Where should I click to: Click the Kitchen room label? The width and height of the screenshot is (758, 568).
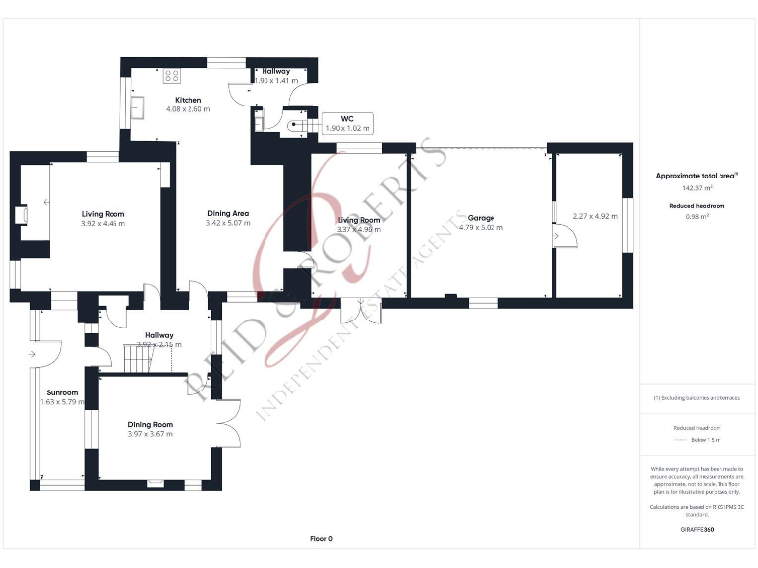click(x=188, y=100)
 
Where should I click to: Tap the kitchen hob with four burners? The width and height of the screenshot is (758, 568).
click(x=172, y=73)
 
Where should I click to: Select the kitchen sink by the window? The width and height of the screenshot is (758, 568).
click(x=137, y=107)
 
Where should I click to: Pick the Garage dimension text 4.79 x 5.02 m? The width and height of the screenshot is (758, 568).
click(x=481, y=228)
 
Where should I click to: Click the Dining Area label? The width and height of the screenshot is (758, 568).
click(x=227, y=213)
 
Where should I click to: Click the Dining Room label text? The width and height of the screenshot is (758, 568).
click(x=150, y=424)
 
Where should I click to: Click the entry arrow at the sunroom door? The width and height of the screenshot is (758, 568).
click(x=35, y=353)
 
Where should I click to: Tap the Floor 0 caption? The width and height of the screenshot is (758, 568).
click(x=321, y=538)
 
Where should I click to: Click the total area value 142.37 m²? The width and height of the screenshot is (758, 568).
click(x=697, y=187)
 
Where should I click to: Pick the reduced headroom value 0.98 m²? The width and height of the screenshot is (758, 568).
click(x=697, y=217)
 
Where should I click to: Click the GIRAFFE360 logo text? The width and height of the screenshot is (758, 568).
click(x=697, y=530)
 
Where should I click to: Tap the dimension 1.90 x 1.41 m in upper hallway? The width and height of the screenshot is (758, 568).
click(x=274, y=82)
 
